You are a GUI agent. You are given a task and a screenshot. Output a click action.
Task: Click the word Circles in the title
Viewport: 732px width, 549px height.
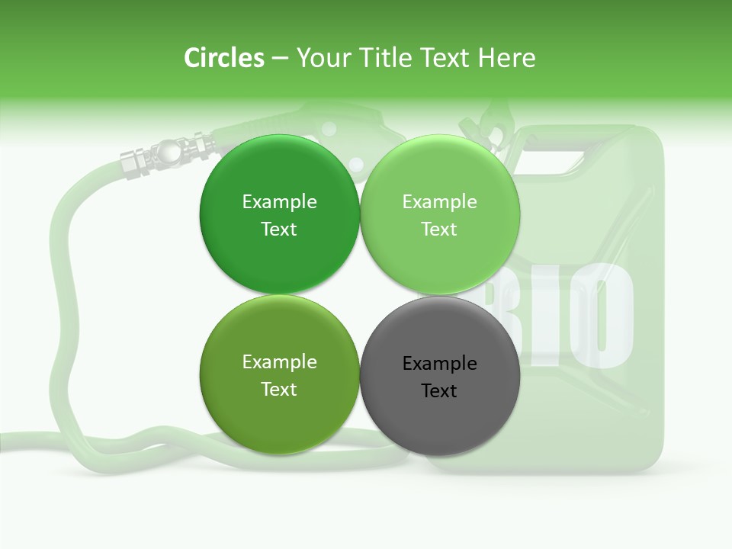224,58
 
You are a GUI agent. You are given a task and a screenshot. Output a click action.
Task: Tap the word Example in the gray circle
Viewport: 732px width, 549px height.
439,364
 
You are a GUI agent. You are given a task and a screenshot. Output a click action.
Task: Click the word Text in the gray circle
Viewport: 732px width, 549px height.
439,391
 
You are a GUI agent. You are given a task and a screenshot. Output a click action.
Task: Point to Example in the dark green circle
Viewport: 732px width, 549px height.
279,202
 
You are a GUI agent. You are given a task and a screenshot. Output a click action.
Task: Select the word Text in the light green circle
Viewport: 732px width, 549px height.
439,230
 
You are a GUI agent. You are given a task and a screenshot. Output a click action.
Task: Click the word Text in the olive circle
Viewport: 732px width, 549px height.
279,390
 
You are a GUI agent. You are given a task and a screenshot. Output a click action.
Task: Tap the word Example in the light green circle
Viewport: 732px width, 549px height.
439,202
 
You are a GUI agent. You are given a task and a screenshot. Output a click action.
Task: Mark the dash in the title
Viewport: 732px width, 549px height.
280,59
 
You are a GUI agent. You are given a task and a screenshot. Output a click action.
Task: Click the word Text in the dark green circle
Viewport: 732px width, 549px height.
279,230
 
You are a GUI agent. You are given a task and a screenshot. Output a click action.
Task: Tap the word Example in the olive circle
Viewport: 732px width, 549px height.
279,362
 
